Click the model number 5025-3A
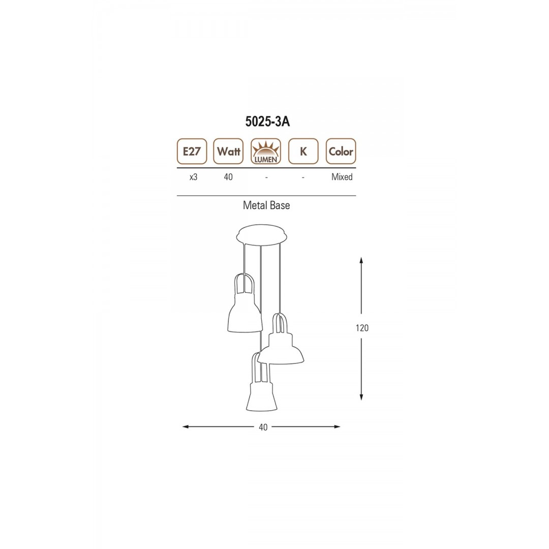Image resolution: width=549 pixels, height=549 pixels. (267, 121)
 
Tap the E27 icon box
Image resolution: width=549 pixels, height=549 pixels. (192, 151)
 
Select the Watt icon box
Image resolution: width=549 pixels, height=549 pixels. (228, 151)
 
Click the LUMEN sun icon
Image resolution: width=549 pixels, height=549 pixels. (266, 151)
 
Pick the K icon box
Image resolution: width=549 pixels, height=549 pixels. (303, 151)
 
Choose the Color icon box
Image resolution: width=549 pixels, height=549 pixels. (341, 151)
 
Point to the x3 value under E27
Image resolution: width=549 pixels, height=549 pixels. (193, 177)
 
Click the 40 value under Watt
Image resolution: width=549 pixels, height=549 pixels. (228, 177)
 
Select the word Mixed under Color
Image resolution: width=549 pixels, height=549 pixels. (342, 177)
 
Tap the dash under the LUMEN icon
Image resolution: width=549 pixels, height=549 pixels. (266, 178)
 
